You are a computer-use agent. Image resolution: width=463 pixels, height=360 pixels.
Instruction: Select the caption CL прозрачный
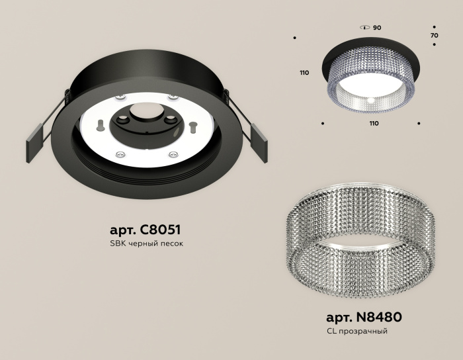click(357, 330)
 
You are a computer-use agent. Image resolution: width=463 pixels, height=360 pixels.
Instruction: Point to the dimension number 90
click(377, 28)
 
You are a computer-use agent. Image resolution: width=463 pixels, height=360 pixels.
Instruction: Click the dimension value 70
click(434, 35)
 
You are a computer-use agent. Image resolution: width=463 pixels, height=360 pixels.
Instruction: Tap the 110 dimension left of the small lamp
click(304, 73)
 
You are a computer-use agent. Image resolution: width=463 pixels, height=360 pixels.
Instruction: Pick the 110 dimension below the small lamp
click(374, 123)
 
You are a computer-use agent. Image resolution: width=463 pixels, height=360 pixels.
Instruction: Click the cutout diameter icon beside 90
click(364, 28)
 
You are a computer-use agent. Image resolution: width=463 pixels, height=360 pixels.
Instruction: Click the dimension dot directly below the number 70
click(434, 45)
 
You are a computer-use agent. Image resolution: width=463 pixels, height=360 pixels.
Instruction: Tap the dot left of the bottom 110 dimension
click(322, 123)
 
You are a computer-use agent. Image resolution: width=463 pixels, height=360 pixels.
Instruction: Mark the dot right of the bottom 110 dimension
click(419, 123)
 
